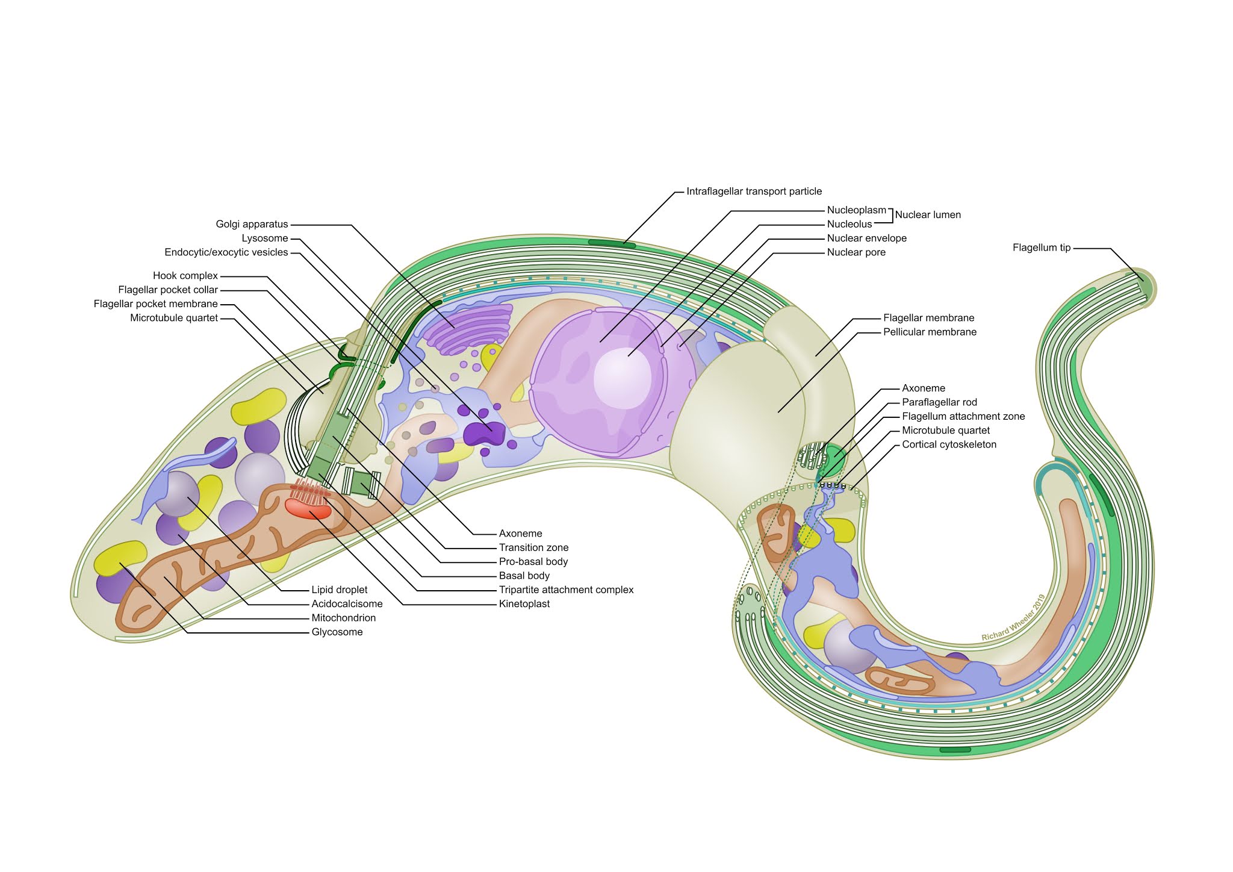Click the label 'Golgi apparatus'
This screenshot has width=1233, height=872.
point(252,224)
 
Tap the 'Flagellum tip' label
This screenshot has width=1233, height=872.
point(1042,248)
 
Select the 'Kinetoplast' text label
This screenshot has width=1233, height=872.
point(524,604)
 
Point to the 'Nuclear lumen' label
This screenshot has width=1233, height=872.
point(928,215)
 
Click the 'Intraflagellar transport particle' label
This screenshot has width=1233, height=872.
point(754,192)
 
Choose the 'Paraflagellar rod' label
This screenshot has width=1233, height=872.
point(939,402)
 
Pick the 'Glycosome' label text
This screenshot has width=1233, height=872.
point(337,632)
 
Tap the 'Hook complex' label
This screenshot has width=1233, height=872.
point(185,276)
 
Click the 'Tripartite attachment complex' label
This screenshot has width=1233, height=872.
point(566,590)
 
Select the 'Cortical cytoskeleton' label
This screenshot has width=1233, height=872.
point(949,444)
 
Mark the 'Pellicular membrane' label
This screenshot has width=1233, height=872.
point(930,332)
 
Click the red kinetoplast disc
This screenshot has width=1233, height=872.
point(308,509)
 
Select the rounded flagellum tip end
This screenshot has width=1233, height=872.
point(1141,287)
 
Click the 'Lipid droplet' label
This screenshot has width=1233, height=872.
point(340,590)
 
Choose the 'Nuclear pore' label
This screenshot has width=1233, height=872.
point(856,252)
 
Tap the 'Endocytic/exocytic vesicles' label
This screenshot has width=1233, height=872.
point(226,252)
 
